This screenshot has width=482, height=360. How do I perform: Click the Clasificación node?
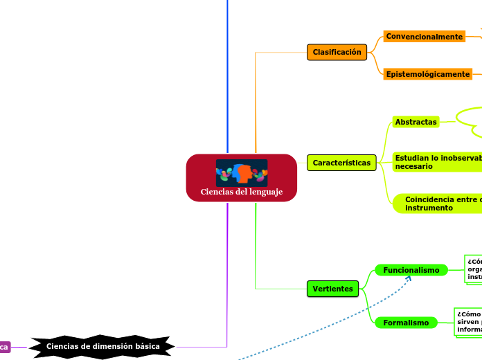coord(337,52)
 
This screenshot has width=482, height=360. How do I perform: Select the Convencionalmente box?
coord(425,37)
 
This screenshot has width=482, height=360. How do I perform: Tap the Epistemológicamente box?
coord(428,74)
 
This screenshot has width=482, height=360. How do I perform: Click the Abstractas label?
coord(416,122)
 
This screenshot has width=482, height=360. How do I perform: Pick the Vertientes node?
coord(332,289)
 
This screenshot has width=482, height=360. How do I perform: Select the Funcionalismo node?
coord(411,270)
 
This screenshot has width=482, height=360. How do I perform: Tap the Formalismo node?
coord(406,323)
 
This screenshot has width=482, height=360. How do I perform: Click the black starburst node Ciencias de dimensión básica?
coord(103,345)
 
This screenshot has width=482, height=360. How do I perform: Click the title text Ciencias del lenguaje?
coord(242,192)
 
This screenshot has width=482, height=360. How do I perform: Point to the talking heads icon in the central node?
coord(241,172)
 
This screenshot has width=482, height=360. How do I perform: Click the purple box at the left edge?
coord(5,346)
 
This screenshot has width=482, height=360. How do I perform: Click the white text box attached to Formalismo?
coord(468,321)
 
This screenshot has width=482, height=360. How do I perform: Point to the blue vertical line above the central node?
coord(227,69)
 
